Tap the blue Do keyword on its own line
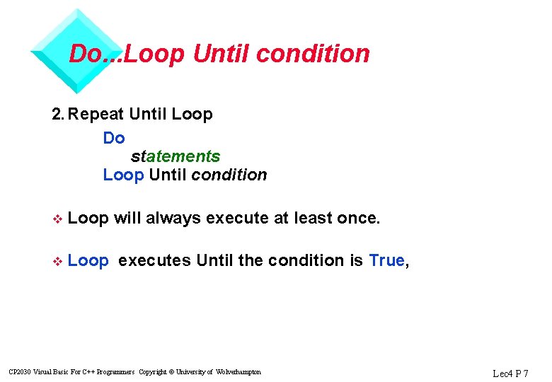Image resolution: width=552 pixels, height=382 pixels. (x=114, y=138)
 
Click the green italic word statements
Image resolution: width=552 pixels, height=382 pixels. (x=176, y=156)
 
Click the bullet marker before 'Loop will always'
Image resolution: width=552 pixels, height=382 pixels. (x=58, y=219)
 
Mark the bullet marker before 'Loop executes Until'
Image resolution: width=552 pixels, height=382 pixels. (x=58, y=261)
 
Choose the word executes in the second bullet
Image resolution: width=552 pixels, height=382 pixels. (x=154, y=260)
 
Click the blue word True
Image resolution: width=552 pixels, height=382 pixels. (x=386, y=260)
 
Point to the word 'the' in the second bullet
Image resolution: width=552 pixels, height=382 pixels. (x=251, y=260)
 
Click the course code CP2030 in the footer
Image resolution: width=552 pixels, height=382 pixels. (x=19, y=372)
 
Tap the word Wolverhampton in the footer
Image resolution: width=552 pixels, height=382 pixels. (x=238, y=372)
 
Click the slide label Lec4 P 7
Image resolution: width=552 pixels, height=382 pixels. (x=510, y=373)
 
